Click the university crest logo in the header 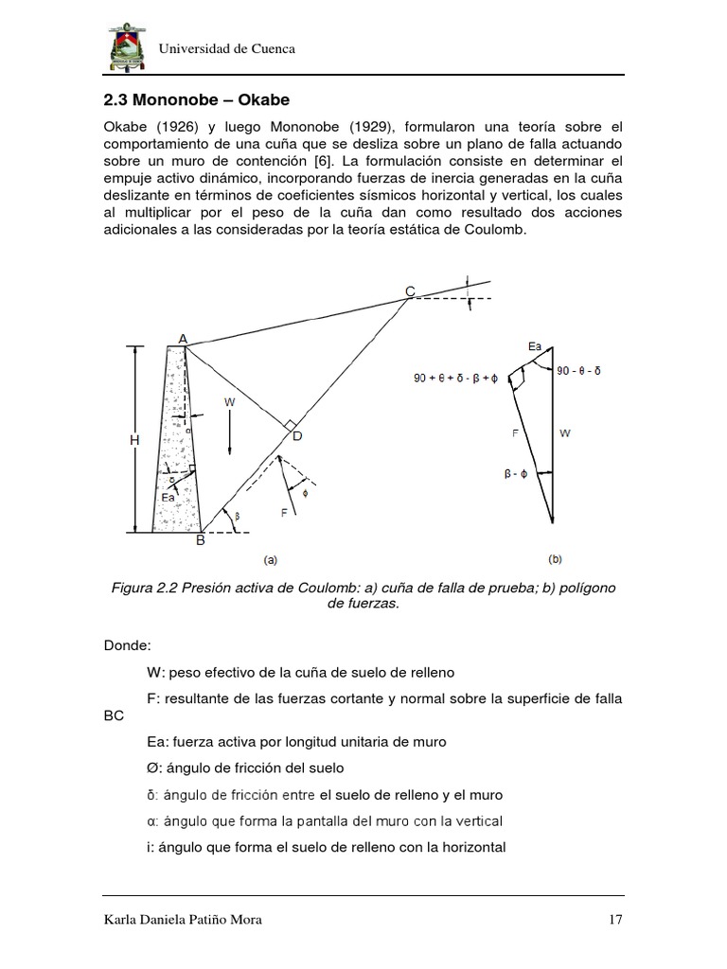[123, 45]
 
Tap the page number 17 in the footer [614, 919]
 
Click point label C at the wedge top [410, 290]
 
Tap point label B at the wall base [200, 541]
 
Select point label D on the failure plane [297, 435]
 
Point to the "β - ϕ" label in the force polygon [509, 472]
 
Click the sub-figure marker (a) [270, 559]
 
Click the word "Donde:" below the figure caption [127, 645]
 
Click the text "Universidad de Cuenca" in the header [226, 48]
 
